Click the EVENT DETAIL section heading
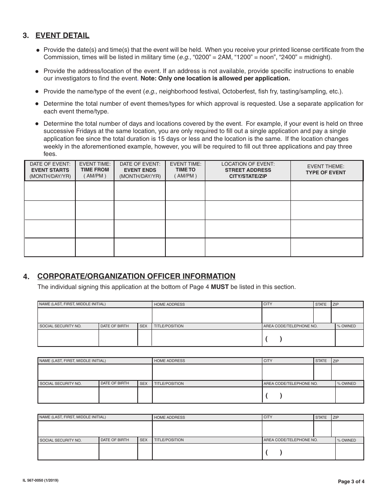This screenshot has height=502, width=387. (62, 36)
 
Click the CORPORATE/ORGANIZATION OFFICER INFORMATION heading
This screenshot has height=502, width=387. (136, 276)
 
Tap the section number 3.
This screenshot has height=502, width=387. (26, 36)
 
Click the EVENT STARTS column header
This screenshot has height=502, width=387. (50, 170)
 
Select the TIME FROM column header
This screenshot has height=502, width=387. (95, 170)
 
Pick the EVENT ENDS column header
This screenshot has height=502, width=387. (140, 170)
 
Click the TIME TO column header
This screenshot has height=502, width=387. (185, 170)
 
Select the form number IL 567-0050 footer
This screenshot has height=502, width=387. (40, 481)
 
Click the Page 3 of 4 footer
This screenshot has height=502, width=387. (351, 482)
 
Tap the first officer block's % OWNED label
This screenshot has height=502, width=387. (346, 326)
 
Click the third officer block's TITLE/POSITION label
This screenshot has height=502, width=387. (169, 440)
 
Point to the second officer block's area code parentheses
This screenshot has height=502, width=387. (274, 395)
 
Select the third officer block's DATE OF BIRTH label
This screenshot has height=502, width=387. (114, 440)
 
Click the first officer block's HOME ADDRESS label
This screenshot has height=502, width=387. (169, 304)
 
